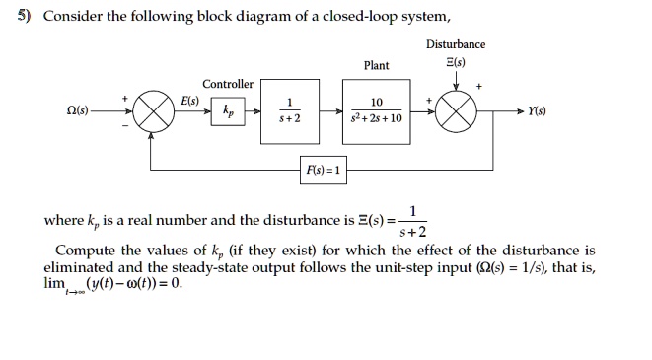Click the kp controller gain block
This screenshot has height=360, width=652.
(229, 110)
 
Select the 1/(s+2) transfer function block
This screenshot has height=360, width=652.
(289, 110)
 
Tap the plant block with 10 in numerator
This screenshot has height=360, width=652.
(376, 110)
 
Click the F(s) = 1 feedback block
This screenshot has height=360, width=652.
(324, 170)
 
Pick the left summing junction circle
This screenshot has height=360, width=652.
(150, 110)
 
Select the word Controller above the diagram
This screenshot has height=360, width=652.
(228, 84)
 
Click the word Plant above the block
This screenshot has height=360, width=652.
(376, 66)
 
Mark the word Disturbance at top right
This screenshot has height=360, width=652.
(455, 44)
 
